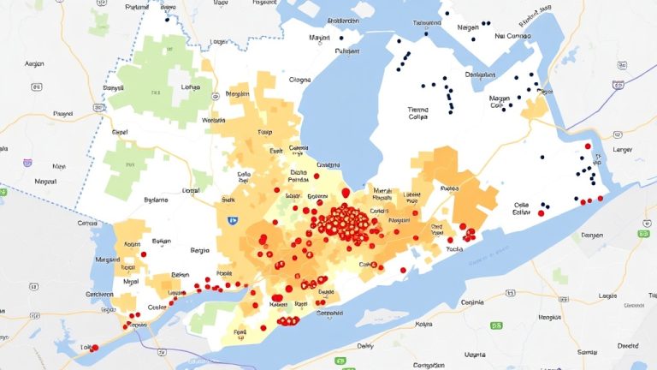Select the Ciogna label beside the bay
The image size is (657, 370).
click(300, 81)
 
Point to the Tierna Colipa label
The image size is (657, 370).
click(418, 114)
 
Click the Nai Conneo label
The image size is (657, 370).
click(513, 37)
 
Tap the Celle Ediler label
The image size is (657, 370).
click(523, 210)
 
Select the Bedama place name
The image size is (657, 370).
click(157, 200)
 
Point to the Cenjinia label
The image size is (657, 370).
click(472, 301)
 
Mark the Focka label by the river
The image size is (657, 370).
click(454, 250)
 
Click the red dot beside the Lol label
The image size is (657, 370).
click(95, 347)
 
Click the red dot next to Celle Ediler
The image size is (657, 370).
click(541, 213)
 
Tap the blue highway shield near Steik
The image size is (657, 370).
click(231, 219)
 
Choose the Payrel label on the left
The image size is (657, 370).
click(62, 113)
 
